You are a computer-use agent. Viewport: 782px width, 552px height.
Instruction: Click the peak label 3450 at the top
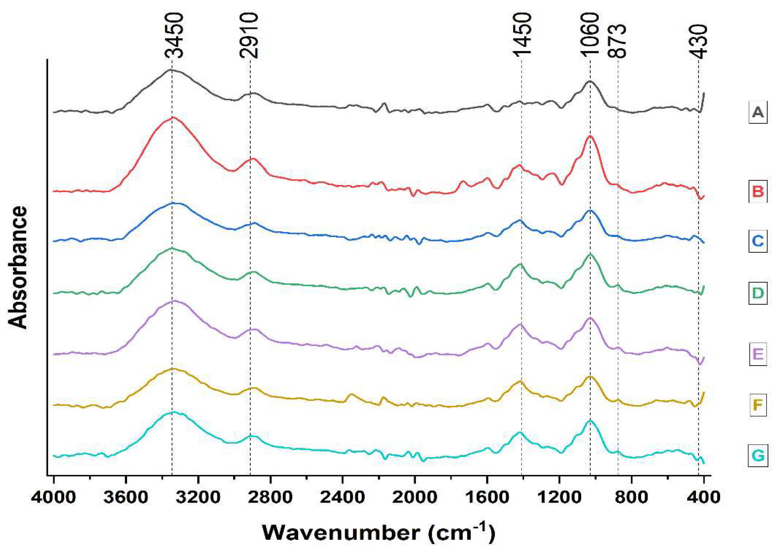pos(174,36)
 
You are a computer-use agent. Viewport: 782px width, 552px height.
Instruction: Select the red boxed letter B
pos(758,191)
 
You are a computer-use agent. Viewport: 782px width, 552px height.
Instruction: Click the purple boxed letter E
pos(758,355)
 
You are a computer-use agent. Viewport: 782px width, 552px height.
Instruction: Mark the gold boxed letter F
pos(758,405)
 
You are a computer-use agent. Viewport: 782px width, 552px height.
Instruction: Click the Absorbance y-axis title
pos(18,267)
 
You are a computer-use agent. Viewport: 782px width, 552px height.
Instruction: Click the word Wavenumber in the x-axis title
pos(341,533)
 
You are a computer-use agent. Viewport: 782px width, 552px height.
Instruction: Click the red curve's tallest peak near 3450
pos(173,117)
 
